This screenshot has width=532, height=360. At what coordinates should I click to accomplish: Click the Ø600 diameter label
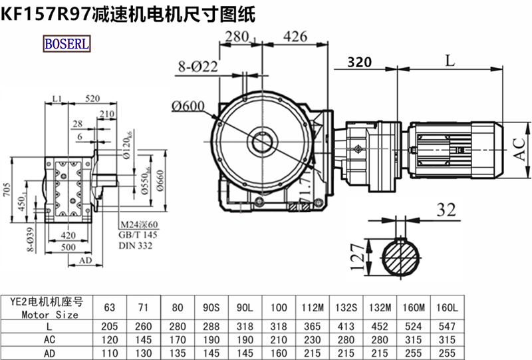[188, 106]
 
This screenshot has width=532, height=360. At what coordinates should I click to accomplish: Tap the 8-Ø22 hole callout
[198, 66]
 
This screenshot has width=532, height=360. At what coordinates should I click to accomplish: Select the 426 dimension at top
[295, 36]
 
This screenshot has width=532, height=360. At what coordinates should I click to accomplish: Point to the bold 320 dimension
[359, 63]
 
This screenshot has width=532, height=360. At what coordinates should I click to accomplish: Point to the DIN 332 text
[136, 246]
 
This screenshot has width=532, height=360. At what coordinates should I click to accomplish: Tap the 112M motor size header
[312, 307]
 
